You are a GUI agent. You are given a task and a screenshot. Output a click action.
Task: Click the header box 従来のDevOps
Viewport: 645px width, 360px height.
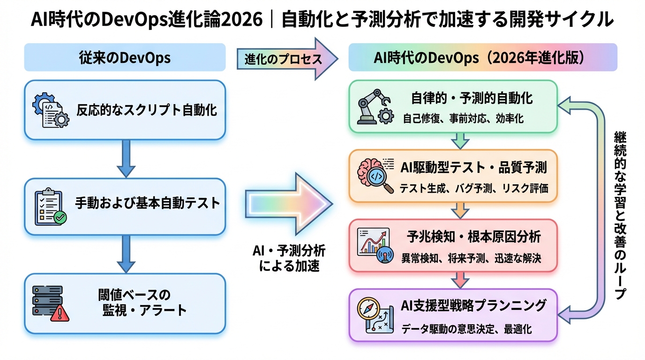pos(125,58)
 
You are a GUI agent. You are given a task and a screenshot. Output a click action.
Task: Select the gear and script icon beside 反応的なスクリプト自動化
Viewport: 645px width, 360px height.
pos(50,110)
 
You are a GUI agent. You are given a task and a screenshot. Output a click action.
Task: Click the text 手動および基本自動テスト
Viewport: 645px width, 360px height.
pos(147,203)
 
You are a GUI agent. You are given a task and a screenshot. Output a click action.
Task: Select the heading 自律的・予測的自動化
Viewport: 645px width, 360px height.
pos(472,98)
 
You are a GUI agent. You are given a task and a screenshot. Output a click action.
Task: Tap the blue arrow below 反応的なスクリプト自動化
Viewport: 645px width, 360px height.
pos(125,158)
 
